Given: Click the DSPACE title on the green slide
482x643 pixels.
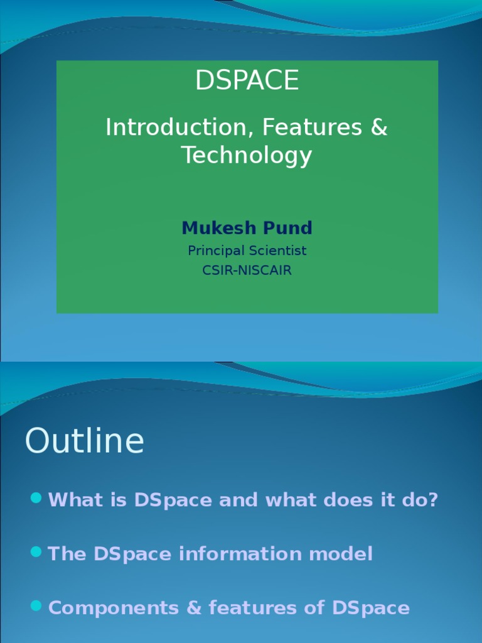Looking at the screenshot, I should point(247,80).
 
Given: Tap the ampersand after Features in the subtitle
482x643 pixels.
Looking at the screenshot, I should point(380,127).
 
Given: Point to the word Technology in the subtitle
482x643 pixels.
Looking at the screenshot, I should point(247,155).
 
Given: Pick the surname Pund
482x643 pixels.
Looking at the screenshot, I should point(288,228).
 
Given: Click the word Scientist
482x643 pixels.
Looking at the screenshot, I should point(276,251).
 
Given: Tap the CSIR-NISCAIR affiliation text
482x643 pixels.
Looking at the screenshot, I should point(247,271).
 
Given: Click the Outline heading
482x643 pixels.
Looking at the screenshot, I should point(84,441).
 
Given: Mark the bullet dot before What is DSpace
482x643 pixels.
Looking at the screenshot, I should point(36,499).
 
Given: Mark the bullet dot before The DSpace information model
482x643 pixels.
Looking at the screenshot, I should point(36,552).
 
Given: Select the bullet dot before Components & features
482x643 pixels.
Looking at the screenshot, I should point(36,606).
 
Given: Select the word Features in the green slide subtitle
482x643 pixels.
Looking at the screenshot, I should point(312,127).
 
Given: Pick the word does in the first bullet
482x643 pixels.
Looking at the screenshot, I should point(350,500).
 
